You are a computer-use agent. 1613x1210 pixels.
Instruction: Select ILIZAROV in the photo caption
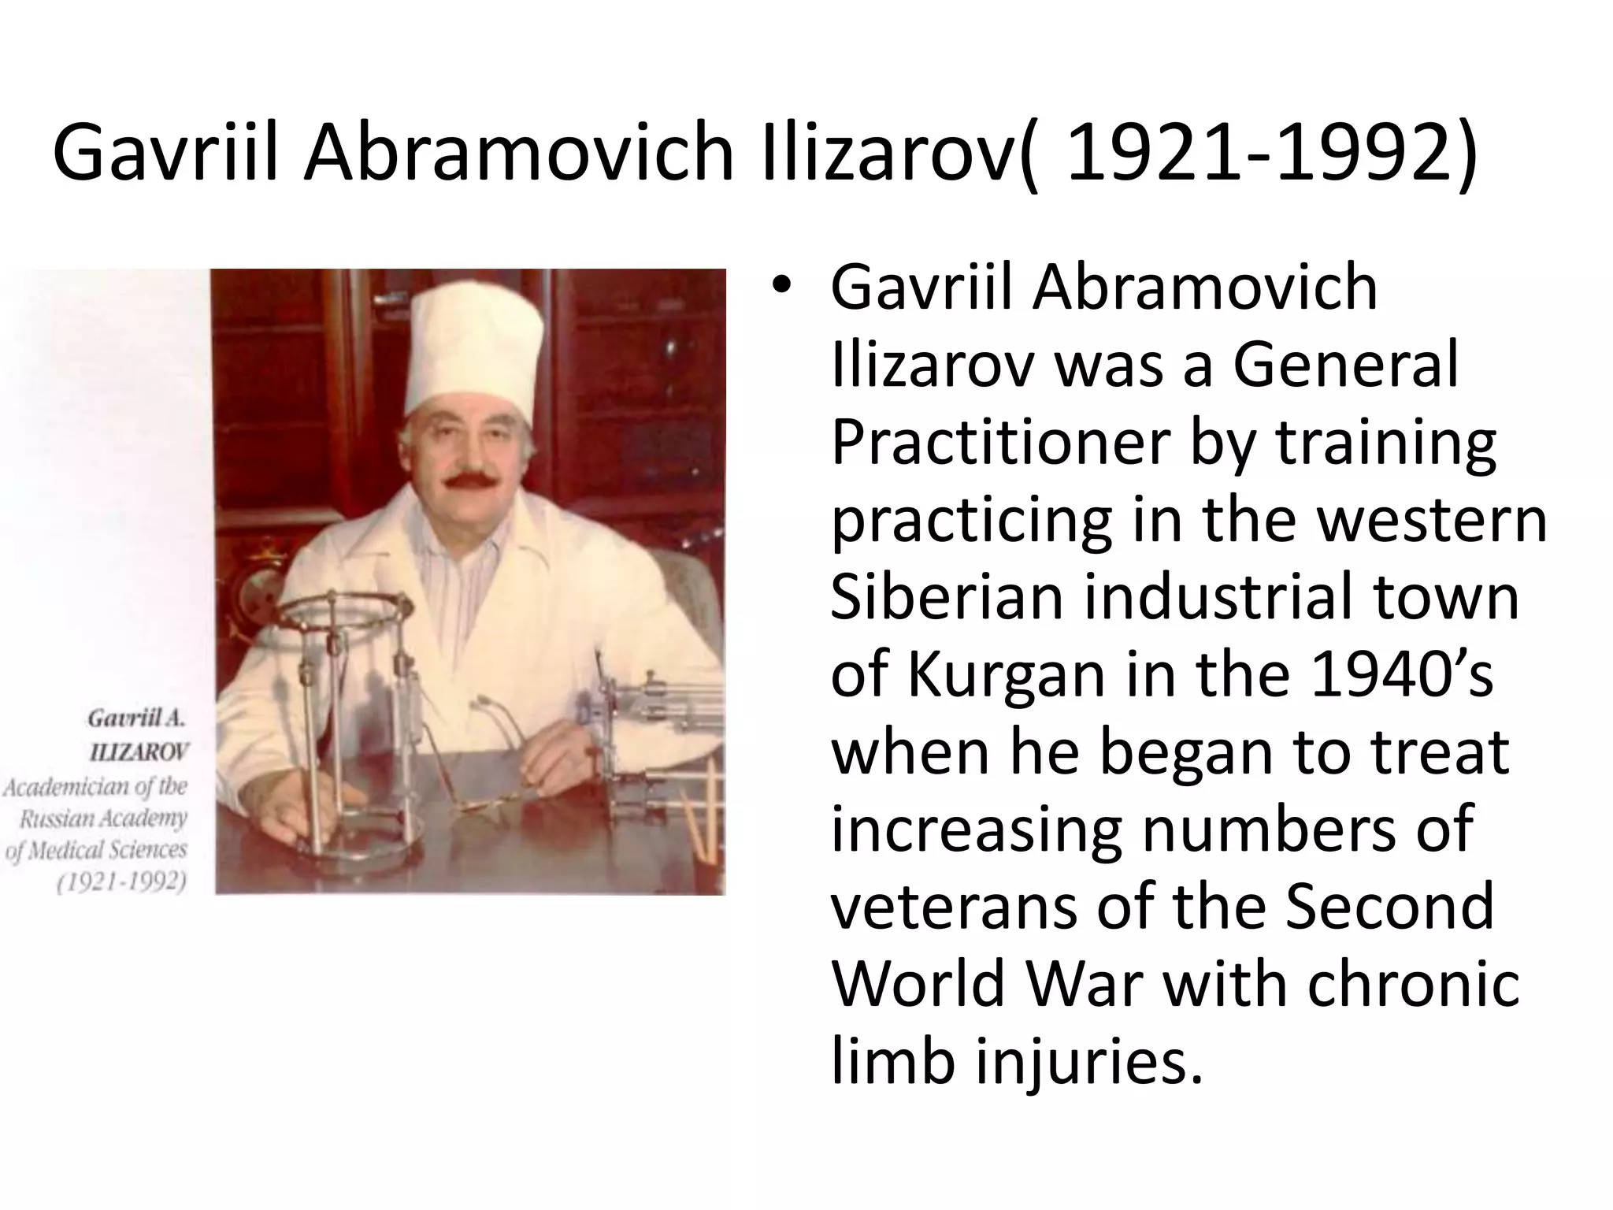[139, 752]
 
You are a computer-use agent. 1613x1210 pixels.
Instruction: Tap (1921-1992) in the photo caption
[121, 882]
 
